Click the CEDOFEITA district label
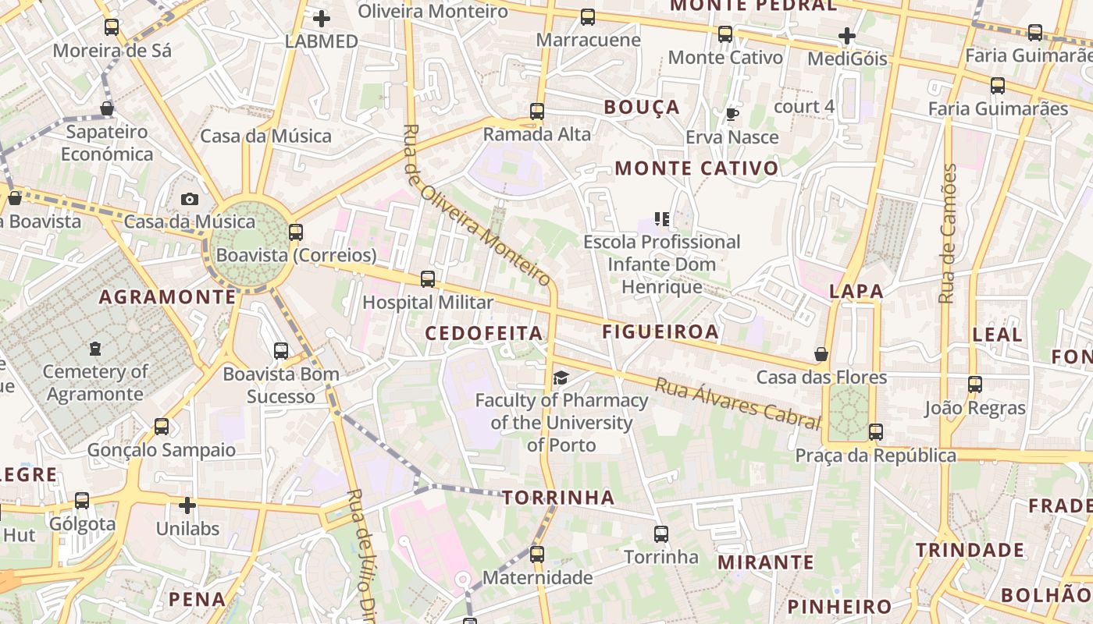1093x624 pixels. tap(483, 334)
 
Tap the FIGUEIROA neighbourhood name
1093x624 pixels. tap(660, 331)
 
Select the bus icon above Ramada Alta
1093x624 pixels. tap(536, 112)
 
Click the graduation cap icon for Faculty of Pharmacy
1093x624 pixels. tap(561, 378)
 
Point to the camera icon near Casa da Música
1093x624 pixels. tap(189, 200)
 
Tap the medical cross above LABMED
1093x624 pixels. tap(321, 19)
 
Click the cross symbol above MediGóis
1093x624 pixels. tap(847, 36)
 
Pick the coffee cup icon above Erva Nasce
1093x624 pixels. tap(732, 115)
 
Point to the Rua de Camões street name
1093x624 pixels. tap(948, 234)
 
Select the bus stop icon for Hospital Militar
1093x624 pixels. tap(428, 279)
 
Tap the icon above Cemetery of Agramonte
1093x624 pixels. tap(95, 348)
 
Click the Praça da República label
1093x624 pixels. tap(875, 456)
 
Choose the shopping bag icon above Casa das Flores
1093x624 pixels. tap(821, 355)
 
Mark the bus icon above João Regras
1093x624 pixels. tap(974, 385)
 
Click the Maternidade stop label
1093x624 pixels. tap(537, 578)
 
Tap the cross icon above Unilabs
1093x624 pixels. tap(187, 505)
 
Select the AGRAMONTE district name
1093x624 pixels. tap(167, 297)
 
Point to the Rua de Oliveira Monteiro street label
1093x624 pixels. tap(477, 205)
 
